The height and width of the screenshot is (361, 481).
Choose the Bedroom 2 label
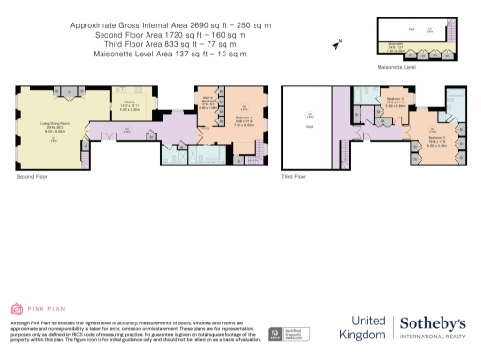pyautogui.click(x=410, y=143)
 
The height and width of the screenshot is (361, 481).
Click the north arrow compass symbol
pyautogui.click(x=336, y=43)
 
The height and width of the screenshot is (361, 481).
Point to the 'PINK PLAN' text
pyautogui.click(x=45, y=308)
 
